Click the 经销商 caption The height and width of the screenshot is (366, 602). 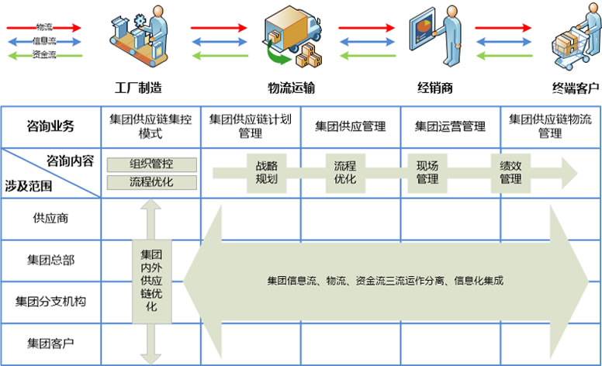coord(435,88)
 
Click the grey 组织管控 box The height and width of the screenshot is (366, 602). coord(152,164)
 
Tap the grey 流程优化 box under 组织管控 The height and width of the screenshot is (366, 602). coord(152,182)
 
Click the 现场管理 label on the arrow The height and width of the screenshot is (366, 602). coord(427,172)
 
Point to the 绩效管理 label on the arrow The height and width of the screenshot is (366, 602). coord(510,172)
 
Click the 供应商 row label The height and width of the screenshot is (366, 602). coord(50,218)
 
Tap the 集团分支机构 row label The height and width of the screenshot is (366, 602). coord(50,300)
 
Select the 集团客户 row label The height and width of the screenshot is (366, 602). coord(50,341)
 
